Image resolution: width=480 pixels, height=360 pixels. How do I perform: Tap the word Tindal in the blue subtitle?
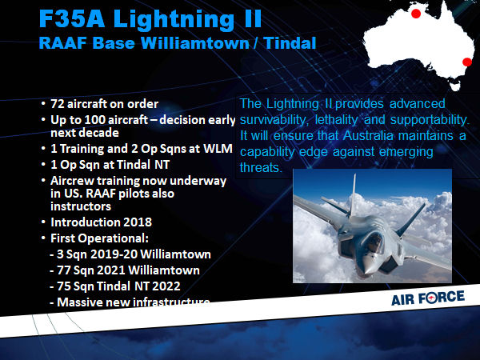pyautogui.click(x=290, y=43)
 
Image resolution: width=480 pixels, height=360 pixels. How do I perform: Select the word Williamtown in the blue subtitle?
pyautogui.click(x=195, y=43)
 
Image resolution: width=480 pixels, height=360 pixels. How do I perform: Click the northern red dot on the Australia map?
pyautogui.click(x=416, y=14)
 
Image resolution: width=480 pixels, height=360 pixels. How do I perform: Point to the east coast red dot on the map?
pyautogui.click(x=467, y=62)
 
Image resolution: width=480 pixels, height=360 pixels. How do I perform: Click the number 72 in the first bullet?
pyautogui.click(x=58, y=104)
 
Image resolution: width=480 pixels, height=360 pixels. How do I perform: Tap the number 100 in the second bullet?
pyautogui.click(x=94, y=120)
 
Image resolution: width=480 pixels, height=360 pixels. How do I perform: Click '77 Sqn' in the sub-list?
pyautogui.click(x=72, y=270)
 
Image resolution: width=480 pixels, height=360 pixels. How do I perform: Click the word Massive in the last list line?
pyautogui.click(x=79, y=302)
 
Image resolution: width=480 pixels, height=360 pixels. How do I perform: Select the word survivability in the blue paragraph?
pyautogui.click(x=273, y=120)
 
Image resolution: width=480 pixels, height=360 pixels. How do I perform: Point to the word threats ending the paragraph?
pyautogui.click(x=260, y=168)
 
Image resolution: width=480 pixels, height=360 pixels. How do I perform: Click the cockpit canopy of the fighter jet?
pyautogui.click(x=374, y=242)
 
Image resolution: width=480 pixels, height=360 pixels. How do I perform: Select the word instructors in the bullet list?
pyautogui.click(x=81, y=206)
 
